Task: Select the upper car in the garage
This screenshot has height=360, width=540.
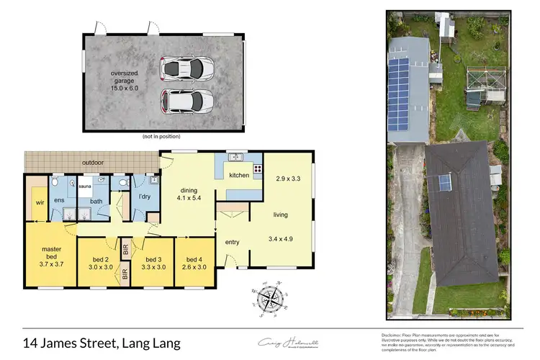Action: tap(187, 68)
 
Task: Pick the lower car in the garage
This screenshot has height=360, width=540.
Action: tap(187, 100)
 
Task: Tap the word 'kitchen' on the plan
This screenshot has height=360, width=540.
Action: tap(239, 175)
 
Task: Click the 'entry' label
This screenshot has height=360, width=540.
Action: tap(232, 242)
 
